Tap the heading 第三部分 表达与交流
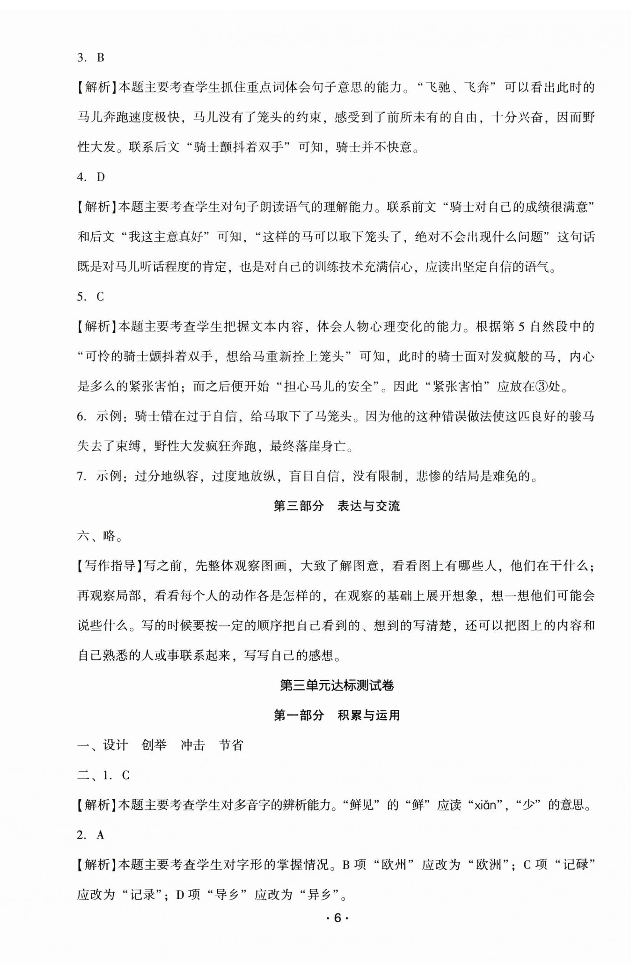click(336, 506)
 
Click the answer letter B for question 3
click(101, 58)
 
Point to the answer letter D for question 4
click(101, 177)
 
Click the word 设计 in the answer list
click(115, 746)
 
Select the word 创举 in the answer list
click(154, 746)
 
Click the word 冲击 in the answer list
click(193, 746)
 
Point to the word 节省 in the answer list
click(231, 746)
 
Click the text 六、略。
click(100, 537)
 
